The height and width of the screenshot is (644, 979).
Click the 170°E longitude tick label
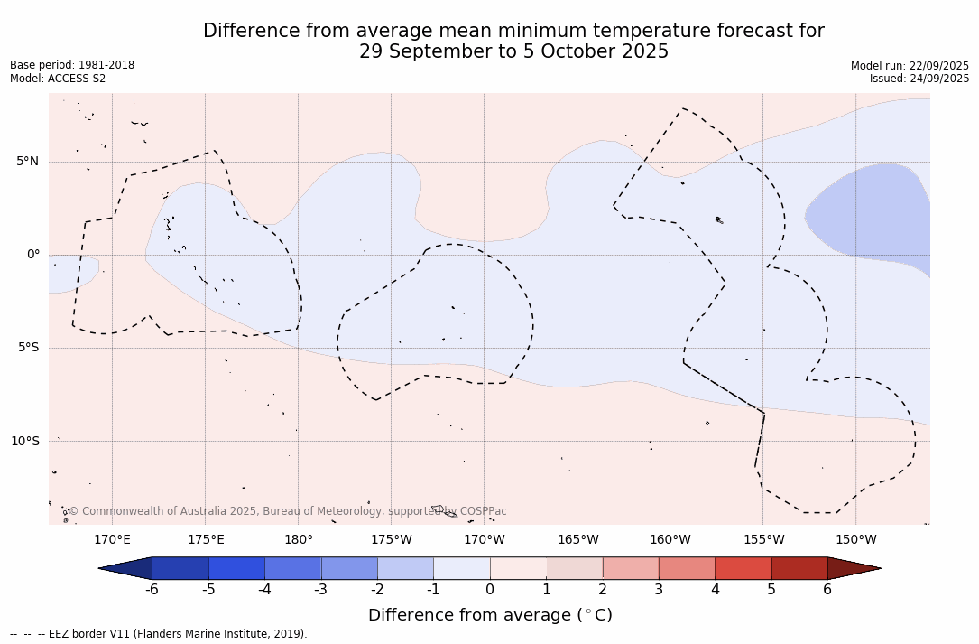[x=112, y=540]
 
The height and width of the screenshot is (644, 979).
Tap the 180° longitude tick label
[x=298, y=540]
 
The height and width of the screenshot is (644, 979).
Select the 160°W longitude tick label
[x=670, y=540]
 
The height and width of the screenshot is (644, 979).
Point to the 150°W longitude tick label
[x=855, y=540]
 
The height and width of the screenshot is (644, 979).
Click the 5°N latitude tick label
[x=27, y=162]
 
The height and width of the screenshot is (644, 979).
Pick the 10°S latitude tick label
[x=24, y=441]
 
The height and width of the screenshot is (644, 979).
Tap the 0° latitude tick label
[x=32, y=255]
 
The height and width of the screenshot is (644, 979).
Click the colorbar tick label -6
[x=152, y=590]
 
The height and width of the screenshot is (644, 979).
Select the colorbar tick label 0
[x=490, y=590]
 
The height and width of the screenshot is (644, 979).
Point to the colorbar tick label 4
[x=715, y=590]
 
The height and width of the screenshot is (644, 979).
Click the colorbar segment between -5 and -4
[x=236, y=568]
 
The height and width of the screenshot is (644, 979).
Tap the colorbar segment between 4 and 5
[x=743, y=568]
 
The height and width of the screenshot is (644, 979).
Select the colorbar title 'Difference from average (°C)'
[x=490, y=615]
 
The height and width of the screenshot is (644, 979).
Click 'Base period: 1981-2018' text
[x=72, y=65]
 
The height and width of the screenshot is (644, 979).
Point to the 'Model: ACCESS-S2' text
[x=58, y=79]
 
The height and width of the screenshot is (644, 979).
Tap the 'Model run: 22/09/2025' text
[x=910, y=66]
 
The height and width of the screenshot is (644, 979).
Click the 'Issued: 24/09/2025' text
[x=919, y=79]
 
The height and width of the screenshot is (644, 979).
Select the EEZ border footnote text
[x=159, y=634]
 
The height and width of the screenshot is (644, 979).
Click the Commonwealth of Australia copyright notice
[x=288, y=511]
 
